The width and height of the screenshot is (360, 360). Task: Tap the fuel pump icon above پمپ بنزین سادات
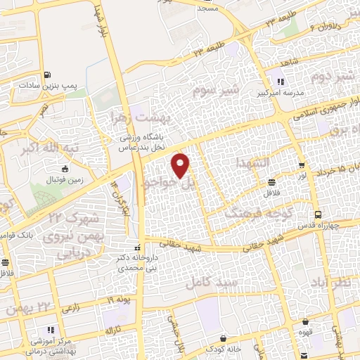46,75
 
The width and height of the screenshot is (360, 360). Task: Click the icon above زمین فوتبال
65,169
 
